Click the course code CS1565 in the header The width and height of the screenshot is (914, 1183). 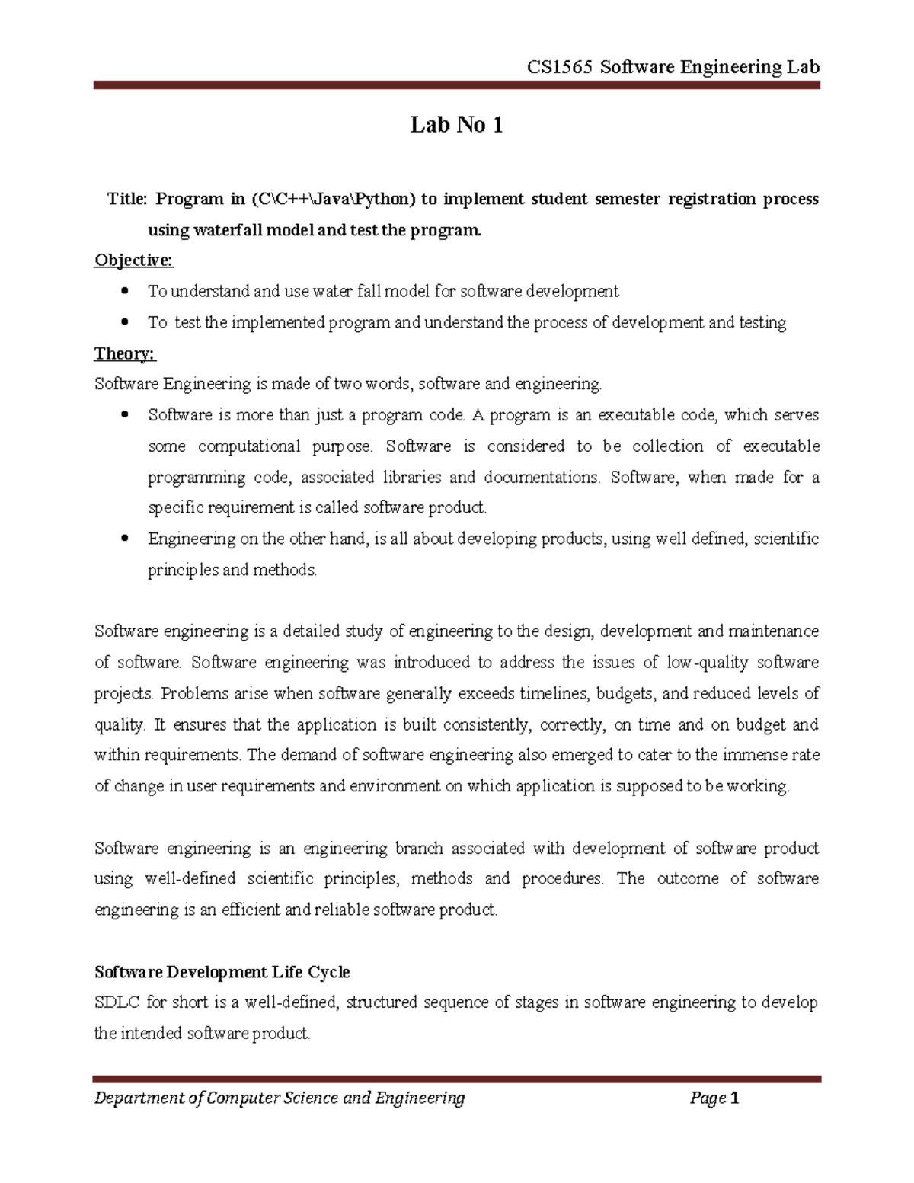(x=559, y=67)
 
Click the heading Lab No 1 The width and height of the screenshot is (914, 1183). (x=456, y=125)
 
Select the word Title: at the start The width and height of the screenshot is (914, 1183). (x=127, y=200)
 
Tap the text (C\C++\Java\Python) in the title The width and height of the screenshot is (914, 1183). (x=333, y=200)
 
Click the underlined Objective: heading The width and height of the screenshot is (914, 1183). (x=133, y=261)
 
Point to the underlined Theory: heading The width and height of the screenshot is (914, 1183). (x=125, y=353)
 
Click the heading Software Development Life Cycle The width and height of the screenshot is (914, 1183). (x=222, y=972)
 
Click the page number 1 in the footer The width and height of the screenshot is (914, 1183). (x=734, y=1098)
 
